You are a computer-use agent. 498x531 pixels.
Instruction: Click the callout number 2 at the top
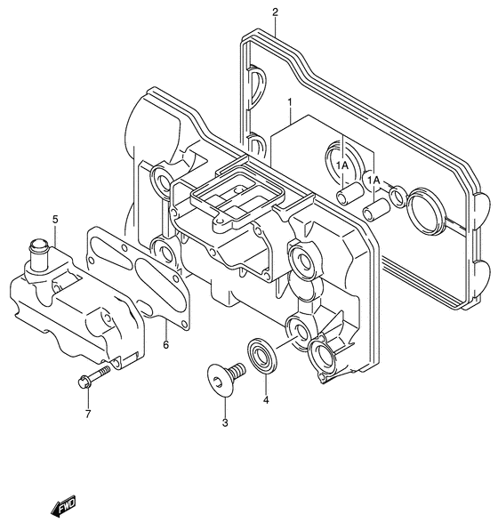(275, 12)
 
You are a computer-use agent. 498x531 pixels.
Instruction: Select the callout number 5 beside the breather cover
(54, 219)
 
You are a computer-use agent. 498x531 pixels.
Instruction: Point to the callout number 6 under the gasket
(165, 344)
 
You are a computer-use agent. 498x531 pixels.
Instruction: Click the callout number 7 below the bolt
(88, 414)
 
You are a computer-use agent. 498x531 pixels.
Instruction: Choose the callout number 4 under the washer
(264, 400)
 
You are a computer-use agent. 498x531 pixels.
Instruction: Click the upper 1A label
(342, 165)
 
